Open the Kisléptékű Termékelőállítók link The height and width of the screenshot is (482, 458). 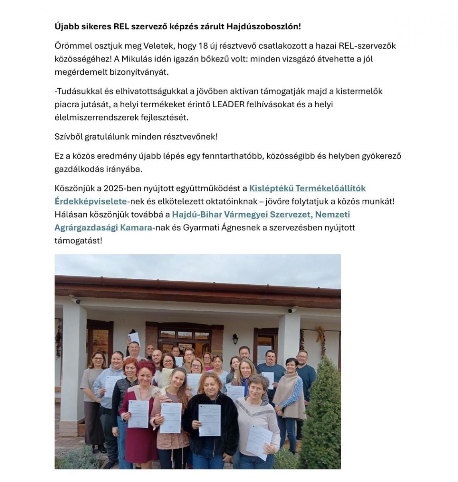coord(307,188)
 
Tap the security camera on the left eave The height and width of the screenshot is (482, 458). coord(75,300)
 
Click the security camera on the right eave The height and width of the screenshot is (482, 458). coord(293,309)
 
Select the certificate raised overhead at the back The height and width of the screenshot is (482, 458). coord(134,338)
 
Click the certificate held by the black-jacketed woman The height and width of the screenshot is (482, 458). coord(209,420)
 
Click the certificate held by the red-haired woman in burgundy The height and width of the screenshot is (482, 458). coord(138,414)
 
